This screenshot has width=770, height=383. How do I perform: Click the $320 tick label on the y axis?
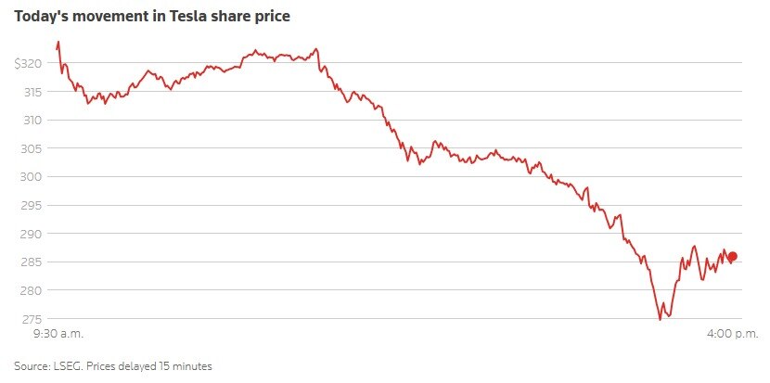28,63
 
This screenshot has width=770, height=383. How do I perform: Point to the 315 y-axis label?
32,92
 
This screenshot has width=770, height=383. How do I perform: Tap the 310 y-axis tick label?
32,120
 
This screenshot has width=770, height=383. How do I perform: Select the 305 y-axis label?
32,148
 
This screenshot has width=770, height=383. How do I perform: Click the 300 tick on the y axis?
32,177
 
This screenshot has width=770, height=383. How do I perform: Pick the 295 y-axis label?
32,205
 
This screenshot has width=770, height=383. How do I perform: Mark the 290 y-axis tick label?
32,234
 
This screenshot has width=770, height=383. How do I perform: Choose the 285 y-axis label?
32,262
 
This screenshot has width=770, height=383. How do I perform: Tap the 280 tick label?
32,290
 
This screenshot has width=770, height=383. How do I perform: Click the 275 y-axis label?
32,319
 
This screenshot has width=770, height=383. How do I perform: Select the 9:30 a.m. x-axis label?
58,331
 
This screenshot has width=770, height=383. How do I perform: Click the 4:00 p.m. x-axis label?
733,331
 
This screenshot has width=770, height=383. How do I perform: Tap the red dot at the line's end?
732,256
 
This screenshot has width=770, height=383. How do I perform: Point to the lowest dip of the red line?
660,320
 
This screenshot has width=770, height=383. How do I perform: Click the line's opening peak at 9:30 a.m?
58,42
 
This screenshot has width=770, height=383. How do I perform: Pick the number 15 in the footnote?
168,366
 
